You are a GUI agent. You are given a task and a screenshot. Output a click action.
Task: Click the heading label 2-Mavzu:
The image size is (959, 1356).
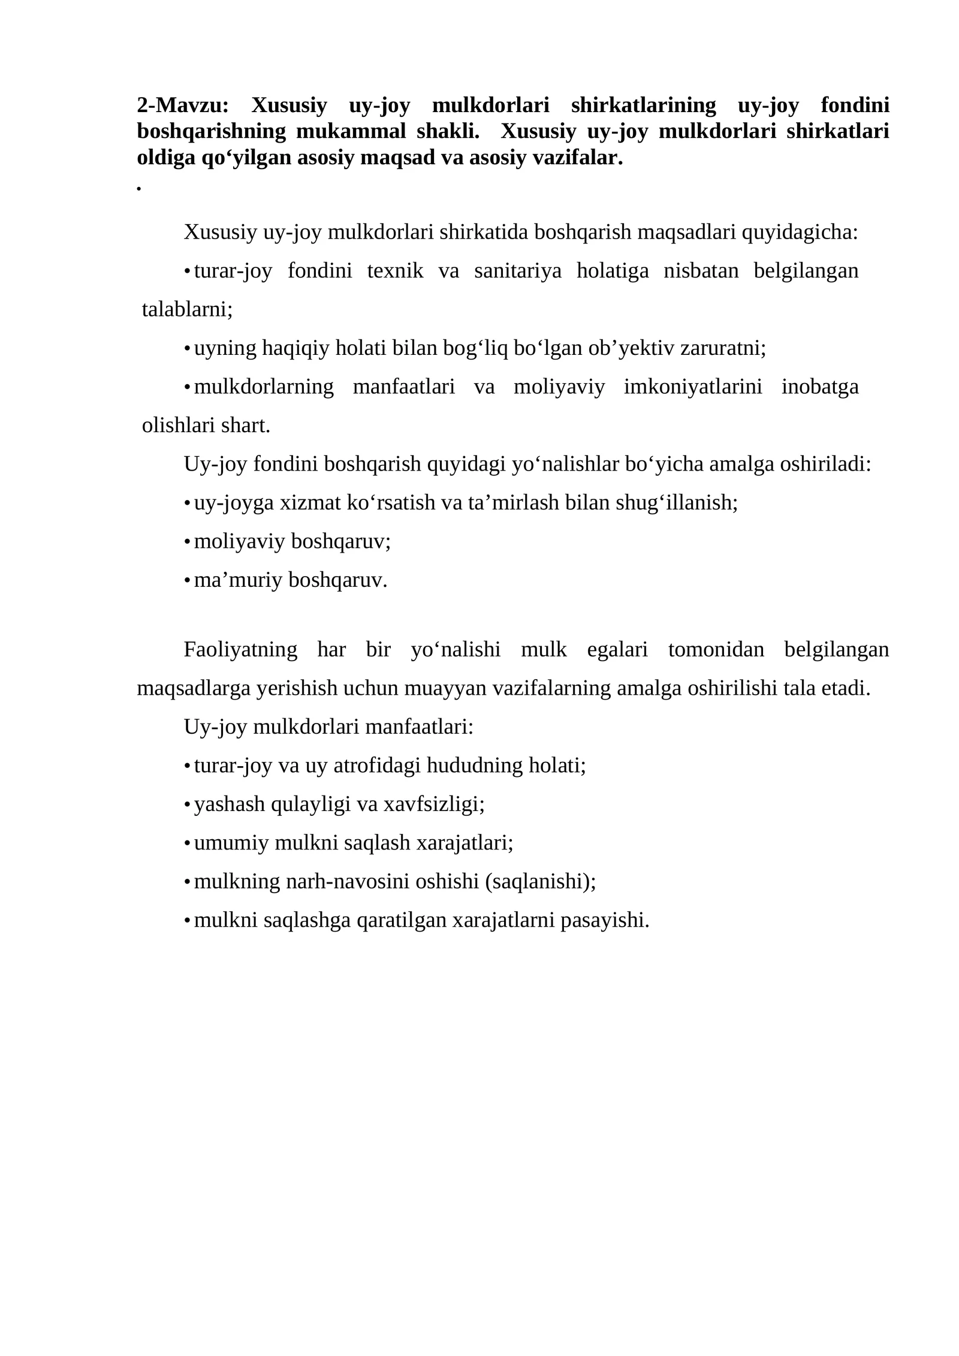tap(182, 106)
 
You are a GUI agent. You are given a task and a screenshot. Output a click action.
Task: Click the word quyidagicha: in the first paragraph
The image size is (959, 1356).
tap(800, 232)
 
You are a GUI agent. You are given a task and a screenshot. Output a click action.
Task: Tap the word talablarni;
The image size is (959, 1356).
tap(187, 309)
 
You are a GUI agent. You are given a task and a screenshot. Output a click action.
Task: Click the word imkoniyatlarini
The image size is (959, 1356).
tap(693, 387)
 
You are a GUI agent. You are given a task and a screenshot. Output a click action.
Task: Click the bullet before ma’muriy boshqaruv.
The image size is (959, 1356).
tap(187, 580)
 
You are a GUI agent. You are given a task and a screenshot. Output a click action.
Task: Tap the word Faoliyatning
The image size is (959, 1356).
tap(240, 649)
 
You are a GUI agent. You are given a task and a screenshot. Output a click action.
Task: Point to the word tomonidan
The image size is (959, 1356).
tap(716, 649)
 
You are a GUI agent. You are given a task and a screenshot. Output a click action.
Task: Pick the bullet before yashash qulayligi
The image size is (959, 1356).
tap(187, 804)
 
